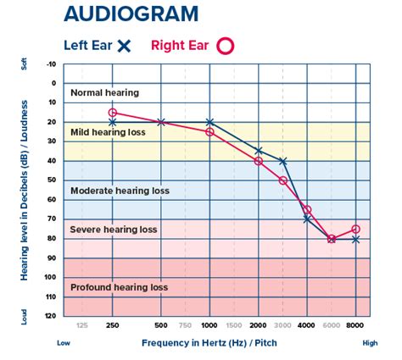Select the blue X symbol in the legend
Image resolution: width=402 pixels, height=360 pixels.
(x=124, y=46)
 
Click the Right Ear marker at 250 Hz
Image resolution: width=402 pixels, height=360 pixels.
(x=113, y=113)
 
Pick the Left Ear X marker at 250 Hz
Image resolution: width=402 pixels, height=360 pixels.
(x=113, y=123)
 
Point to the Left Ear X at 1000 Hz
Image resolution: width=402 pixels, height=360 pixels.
(x=210, y=123)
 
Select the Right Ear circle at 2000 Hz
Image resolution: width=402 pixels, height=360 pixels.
(x=259, y=161)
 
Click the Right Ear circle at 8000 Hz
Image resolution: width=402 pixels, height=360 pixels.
(x=356, y=230)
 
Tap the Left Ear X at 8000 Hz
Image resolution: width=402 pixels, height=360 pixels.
(x=356, y=240)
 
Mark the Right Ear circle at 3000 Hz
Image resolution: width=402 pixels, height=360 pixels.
(x=283, y=180)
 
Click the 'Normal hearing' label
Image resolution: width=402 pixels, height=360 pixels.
(x=104, y=92)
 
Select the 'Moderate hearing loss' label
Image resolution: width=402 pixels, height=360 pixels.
(x=120, y=191)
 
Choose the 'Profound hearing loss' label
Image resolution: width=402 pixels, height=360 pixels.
(x=120, y=287)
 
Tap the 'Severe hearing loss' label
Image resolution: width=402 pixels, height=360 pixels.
(x=114, y=230)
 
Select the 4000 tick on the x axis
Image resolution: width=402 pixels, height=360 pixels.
(x=307, y=325)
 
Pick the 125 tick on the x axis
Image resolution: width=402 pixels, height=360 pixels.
(x=82, y=325)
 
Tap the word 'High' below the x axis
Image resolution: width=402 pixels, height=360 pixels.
(x=370, y=344)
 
